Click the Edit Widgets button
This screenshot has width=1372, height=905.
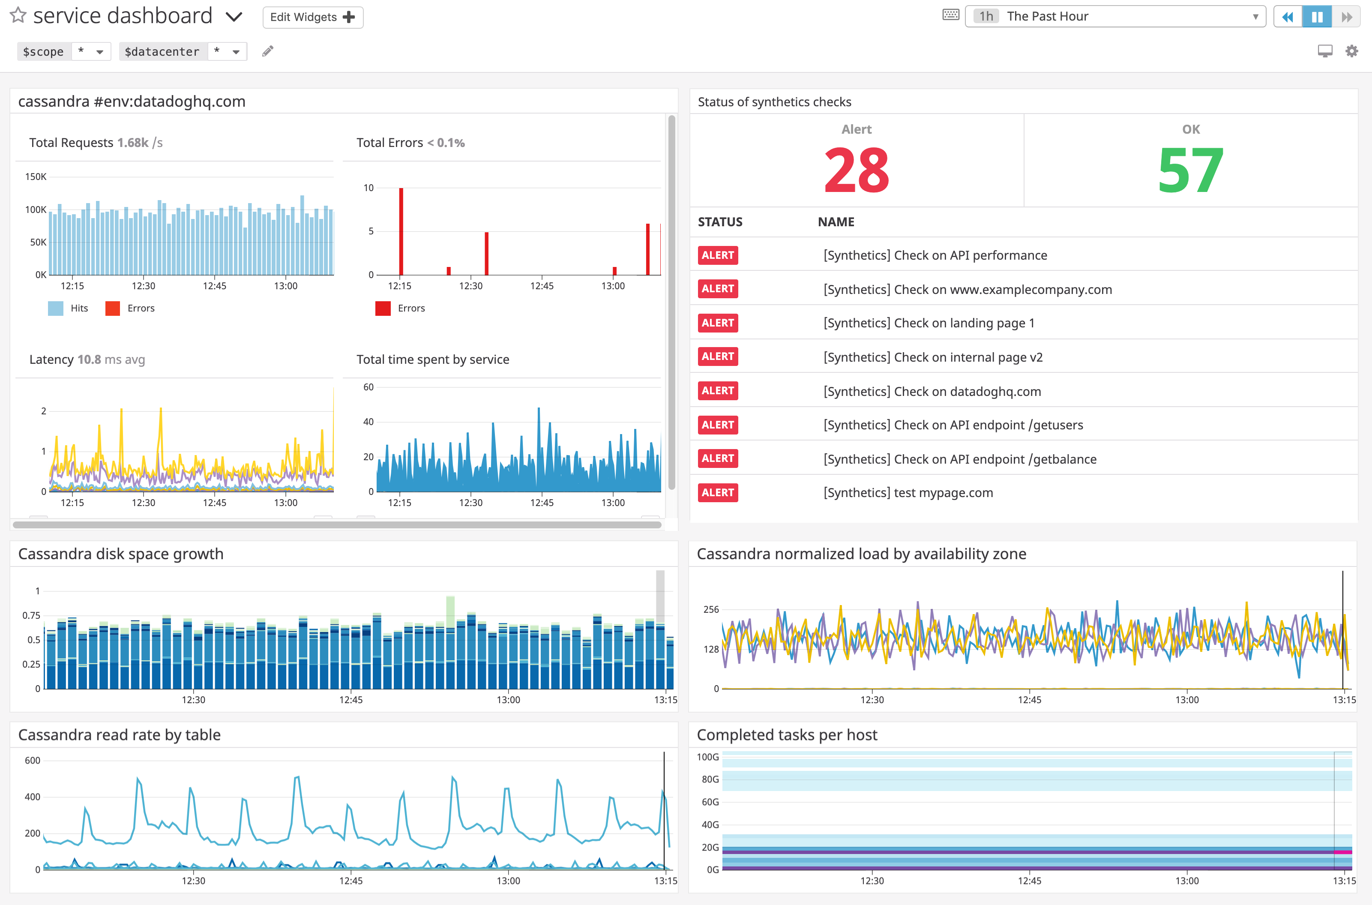tap(312, 17)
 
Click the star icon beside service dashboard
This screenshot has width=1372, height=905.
tap(18, 15)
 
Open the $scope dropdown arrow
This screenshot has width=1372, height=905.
tap(100, 52)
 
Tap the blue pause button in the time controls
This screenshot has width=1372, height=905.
tap(1317, 17)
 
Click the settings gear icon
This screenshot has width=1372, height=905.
tap(1351, 51)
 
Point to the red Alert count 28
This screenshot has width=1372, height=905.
tap(856, 170)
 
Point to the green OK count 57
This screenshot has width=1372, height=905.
tap(1190, 170)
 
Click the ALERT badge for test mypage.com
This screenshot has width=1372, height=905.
tap(717, 493)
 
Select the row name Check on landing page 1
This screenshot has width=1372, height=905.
tap(929, 323)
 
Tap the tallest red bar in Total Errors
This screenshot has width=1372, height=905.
tap(401, 231)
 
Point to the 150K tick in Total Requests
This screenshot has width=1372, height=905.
tap(35, 177)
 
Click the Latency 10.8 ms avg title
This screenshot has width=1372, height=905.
tap(87, 360)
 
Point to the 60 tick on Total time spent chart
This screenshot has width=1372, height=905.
tap(368, 387)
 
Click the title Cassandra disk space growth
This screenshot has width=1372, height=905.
tap(120, 554)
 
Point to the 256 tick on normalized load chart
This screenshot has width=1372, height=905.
tap(711, 609)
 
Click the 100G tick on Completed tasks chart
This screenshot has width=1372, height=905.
tap(707, 757)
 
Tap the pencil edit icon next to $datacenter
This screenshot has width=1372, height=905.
tap(267, 51)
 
